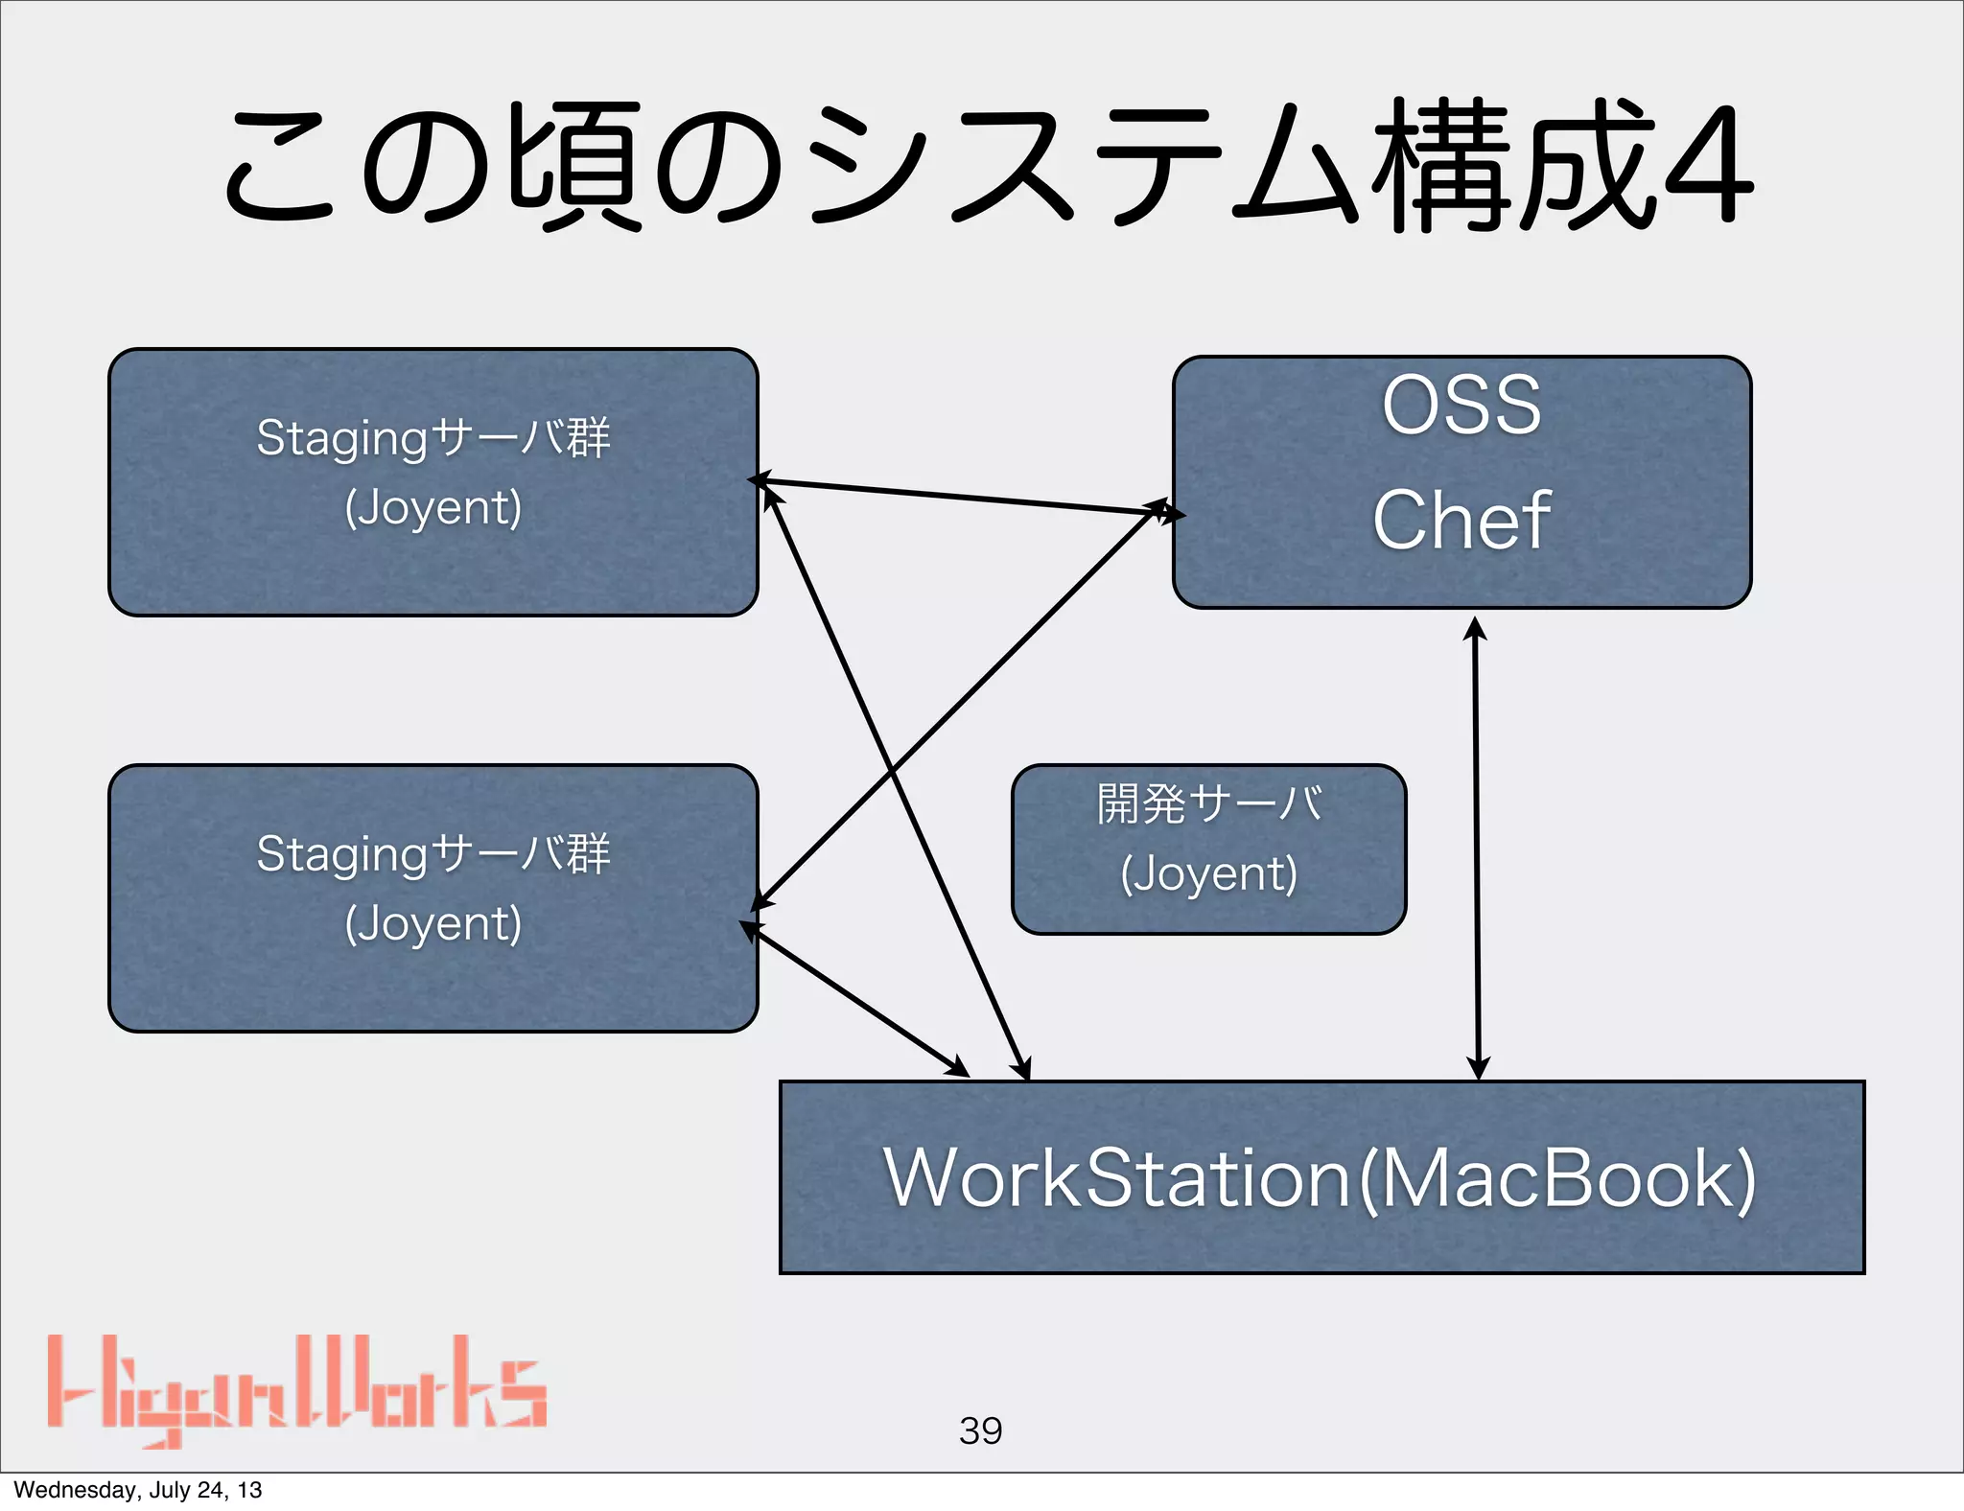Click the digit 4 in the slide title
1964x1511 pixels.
click(1709, 165)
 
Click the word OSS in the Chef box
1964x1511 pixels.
click(1461, 406)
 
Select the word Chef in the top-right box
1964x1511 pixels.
click(1461, 520)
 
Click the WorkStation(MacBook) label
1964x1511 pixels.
click(1321, 1178)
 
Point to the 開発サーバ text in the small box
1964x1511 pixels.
click(1208, 803)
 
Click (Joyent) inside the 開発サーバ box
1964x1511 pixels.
click(1208, 873)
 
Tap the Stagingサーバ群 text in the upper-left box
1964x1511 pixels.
click(433, 438)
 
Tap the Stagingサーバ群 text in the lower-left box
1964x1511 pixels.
click(433, 853)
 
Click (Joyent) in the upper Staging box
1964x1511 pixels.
click(433, 507)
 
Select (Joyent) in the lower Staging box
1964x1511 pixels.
click(433, 923)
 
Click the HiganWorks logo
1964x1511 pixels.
click(296, 1389)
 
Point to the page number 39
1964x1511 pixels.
click(980, 1430)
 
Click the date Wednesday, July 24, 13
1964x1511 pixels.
click(138, 1490)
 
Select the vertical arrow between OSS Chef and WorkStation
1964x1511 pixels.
click(1477, 844)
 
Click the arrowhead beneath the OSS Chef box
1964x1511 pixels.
click(1475, 628)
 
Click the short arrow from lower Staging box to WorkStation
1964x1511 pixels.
click(853, 998)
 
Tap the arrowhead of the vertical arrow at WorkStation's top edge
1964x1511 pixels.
click(1478, 1068)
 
